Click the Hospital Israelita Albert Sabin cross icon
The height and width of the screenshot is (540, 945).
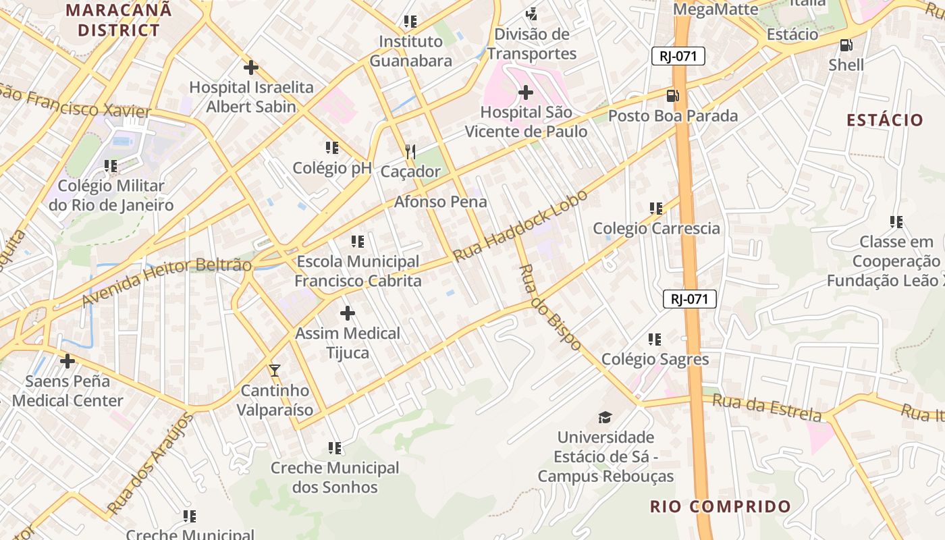click(251, 67)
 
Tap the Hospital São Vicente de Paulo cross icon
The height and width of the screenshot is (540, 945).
click(526, 92)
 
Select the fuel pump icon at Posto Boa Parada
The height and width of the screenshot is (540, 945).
click(672, 96)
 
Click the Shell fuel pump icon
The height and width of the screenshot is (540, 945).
click(846, 45)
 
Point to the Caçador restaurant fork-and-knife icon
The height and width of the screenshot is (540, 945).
click(410, 152)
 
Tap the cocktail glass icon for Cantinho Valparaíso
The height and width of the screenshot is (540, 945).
click(275, 370)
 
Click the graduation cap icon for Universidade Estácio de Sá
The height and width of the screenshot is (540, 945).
click(605, 418)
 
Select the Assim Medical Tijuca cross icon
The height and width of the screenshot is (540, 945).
click(348, 313)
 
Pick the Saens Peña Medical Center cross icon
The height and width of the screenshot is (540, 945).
click(67, 361)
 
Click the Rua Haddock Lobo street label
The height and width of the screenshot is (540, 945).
click(520, 226)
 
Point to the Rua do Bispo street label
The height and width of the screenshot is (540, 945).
click(549, 307)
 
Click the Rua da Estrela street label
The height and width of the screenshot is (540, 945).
click(767, 408)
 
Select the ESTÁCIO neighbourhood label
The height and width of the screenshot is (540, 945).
click(885, 120)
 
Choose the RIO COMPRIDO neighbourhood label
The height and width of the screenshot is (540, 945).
click(720, 506)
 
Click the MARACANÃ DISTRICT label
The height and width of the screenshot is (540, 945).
click(119, 20)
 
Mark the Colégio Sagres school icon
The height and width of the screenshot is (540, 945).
click(655, 339)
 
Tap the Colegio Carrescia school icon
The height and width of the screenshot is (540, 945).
click(656, 209)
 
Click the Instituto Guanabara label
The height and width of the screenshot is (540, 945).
click(411, 51)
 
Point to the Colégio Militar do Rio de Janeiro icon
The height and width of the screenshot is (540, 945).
click(111, 165)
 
